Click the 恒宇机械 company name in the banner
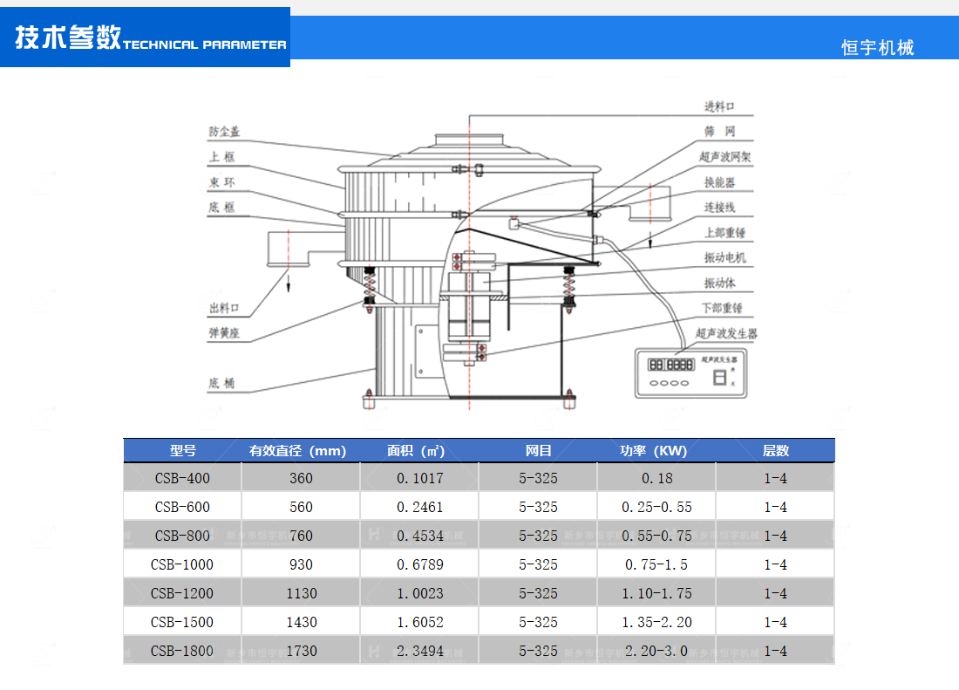coord(877,48)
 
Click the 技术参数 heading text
coord(68,38)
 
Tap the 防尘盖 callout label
coord(224,133)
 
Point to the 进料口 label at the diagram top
coord(719,106)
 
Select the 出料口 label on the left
coord(224,309)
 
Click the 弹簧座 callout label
coord(224,332)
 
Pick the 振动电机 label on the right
coord(725,258)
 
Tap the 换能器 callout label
coord(719,182)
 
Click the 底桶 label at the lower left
coord(221,383)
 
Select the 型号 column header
coord(182,451)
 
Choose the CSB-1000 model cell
coord(182,564)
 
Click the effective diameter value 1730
coord(301,651)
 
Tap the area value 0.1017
coord(419,478)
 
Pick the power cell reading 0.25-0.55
coord(656,507)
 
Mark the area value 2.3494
coord(419,651)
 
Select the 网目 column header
coord(538,451)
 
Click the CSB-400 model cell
coord(182,478)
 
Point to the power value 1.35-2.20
coord(656,622)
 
